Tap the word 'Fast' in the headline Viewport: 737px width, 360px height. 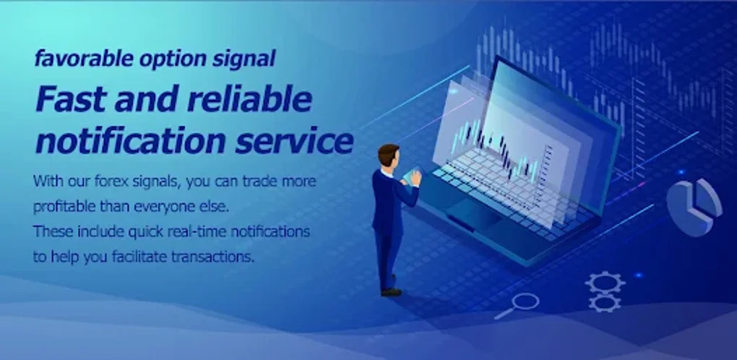(67, 100)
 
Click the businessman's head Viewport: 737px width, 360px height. (388, 155)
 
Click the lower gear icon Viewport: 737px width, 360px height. (605, 302)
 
